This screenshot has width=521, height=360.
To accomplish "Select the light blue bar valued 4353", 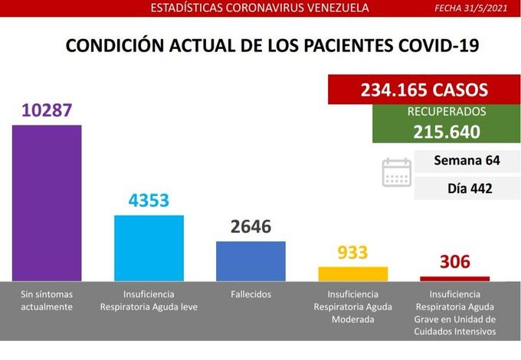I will pos(149,247).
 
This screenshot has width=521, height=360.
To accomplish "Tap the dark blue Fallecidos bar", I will pos(251,260).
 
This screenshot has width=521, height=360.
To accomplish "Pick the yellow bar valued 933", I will pos(352,273).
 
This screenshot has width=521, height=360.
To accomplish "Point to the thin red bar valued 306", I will pos(454,278).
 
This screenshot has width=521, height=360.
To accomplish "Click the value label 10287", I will pos(47,110).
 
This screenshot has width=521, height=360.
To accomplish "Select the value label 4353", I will pos(149,201).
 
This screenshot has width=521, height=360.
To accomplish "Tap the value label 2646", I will pos(251,227).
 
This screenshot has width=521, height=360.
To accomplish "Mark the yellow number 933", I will pos(352,253).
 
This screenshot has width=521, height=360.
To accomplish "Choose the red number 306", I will pos(454,263).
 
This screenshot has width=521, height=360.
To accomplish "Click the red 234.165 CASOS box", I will pos(424,90).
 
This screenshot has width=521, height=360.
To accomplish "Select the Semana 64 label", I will pos(466,161).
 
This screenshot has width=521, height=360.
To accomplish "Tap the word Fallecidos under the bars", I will pos(251,294).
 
